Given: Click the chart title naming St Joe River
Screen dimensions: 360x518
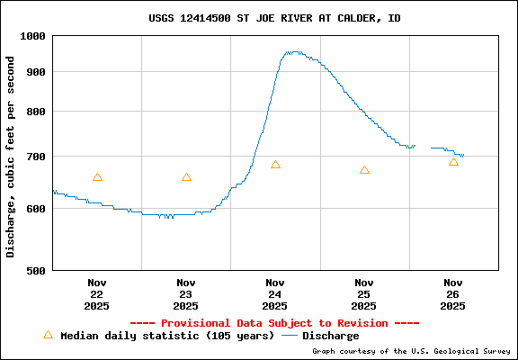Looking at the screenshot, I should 274,18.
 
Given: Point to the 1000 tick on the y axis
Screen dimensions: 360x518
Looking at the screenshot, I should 33,36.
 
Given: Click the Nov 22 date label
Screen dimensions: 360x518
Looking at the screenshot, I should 97,293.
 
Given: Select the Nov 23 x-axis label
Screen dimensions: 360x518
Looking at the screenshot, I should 186,293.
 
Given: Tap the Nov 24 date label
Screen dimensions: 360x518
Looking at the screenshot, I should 275,293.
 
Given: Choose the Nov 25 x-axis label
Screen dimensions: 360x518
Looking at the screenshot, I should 364,293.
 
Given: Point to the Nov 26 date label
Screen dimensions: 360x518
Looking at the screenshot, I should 453,293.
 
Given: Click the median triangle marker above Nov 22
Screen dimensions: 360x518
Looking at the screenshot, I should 97,177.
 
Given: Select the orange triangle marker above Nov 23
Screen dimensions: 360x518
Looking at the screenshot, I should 186,177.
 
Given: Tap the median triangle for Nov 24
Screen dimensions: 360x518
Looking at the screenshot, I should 275,165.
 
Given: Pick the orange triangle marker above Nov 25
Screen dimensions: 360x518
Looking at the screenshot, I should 364,170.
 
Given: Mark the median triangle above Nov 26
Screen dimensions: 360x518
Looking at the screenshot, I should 453,162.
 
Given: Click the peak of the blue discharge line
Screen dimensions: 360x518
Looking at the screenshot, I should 292,52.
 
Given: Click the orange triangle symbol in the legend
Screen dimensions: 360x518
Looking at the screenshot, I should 48,335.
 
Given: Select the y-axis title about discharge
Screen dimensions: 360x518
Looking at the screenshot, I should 11,157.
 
